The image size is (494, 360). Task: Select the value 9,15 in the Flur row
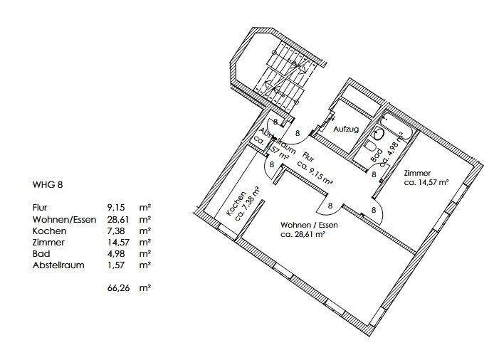click(116, 207)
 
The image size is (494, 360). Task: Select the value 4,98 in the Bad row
click(117, 253)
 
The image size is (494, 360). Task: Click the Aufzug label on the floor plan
click(347, 130)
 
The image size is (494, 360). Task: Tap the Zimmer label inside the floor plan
click(416, 174)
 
